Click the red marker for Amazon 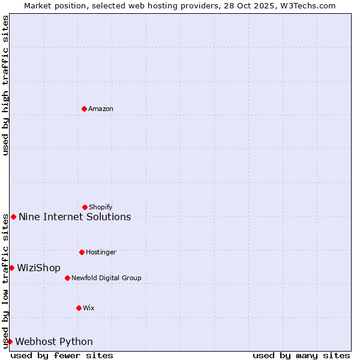tap(84, 109)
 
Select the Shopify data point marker tap(85, 207)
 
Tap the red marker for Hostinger tap(82, 252)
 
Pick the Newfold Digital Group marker tap(67, 278)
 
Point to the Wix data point tap(79, 308)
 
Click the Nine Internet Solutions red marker tap(13, 217)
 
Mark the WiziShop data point tap(11, 268)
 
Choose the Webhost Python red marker tap(10, 341)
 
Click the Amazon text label tap(101, 109)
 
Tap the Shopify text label tap(101, 208)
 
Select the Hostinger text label tap(101, 253)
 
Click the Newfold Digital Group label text tap(106, 278)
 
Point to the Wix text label tap(89, 308)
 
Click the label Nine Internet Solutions tap(75, 217)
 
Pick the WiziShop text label tap(39, 268)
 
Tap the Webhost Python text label tap(54, 342)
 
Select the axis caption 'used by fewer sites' tap(62, 355)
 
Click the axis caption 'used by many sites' tap(301, 355)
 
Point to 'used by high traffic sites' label tap(5, 85)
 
